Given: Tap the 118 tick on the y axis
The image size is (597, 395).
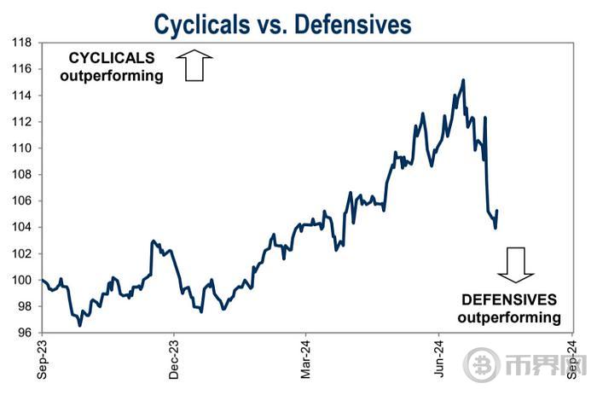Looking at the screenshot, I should [x=21, y=42].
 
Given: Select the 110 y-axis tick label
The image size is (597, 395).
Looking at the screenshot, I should [x=21, y=148].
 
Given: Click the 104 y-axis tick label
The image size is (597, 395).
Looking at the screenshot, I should [x=21, y=227].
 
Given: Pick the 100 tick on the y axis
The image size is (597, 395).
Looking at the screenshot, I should [x=21, y=280].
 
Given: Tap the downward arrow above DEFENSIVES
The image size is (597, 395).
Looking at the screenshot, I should [x=516, y=264].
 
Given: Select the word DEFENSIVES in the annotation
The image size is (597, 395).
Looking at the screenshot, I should [x=509, y=300].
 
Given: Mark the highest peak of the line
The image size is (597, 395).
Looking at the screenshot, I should [x=463, y=80].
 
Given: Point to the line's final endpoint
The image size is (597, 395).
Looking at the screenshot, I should [x=497, y=211].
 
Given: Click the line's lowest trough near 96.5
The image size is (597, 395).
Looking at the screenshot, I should [x=80, y=325].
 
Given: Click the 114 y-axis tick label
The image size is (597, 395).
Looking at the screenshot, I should [x=21, y=95].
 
